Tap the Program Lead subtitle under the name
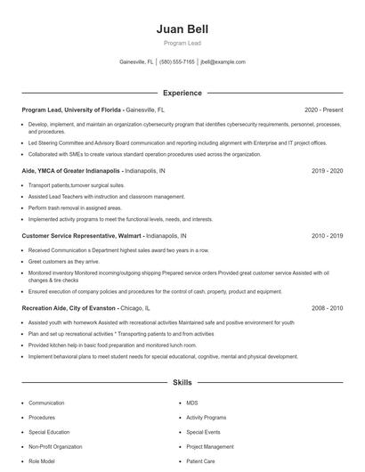[x=182, y=42]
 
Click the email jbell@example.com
[x=223, y=62]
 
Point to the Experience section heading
[x=182, y=93]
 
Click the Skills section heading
[x=182, y=383]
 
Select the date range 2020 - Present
[x=324, y=110]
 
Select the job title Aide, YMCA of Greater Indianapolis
[x=71, y=170]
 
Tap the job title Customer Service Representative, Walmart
[x=79, y=236]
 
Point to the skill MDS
[x=192, y=403]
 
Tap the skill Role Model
[x=41, y=460]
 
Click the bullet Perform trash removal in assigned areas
[x=74, y=208]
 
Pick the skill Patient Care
[x=202, y=460]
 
